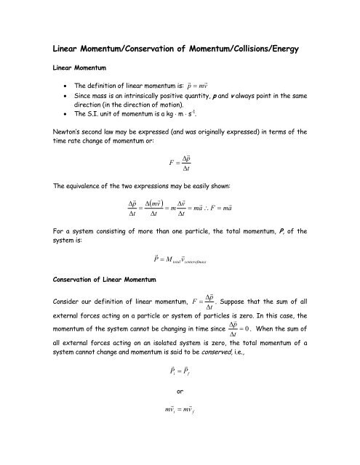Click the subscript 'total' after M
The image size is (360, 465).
coord(165,261)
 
